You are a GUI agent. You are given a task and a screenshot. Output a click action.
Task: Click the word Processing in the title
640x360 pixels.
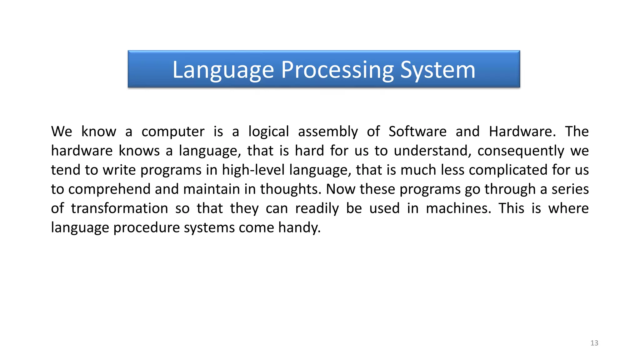337,70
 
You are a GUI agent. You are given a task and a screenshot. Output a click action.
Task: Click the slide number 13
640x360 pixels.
594,343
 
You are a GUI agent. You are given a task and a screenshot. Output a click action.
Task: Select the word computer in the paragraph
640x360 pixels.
173,132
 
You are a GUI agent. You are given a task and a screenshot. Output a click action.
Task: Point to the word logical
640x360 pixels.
268,132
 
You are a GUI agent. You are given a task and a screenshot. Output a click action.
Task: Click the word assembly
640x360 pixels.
328,132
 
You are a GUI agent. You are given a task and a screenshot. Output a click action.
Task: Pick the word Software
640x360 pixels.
417,132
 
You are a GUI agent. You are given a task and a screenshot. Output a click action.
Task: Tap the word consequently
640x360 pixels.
521,151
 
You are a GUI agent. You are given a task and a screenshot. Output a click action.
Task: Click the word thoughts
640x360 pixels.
291,189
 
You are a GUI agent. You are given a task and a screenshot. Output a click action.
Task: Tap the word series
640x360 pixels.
570,189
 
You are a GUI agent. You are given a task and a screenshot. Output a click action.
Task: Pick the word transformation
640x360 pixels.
119,208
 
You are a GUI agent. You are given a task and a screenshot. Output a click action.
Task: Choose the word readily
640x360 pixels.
317,208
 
